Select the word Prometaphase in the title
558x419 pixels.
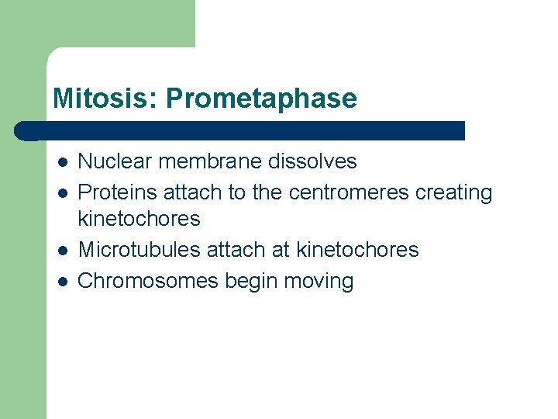coord(261,99)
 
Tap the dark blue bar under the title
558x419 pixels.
coord(240,130)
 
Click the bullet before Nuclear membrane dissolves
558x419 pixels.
coord(62,162)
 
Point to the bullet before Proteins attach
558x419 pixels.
coord(62,192)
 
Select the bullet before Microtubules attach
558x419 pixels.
coord(62,251)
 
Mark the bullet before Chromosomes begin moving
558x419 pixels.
coord(62,281)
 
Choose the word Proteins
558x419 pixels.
coord(118,192)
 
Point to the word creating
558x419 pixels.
coord(454,192)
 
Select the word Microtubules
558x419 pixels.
coord(139,250)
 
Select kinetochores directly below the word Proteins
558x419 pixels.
coord(139,219)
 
